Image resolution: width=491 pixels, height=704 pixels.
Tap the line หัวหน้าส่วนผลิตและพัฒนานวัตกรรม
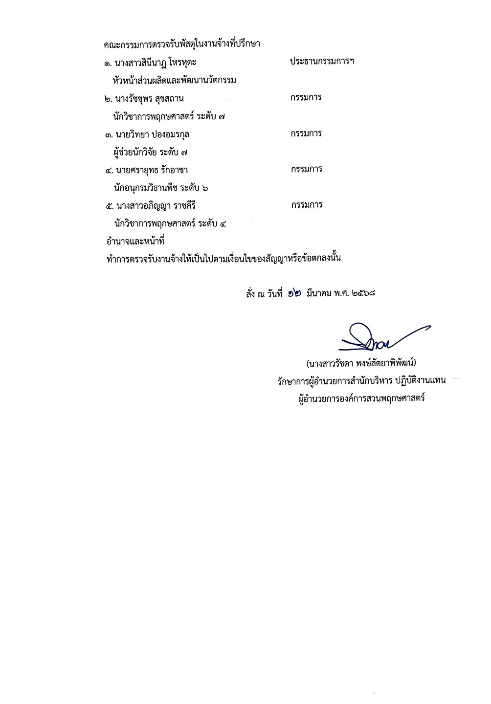click(x=174, y=80)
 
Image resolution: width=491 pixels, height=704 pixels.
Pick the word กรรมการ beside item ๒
click(x=306, y=97)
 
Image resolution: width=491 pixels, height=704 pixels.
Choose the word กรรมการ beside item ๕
click(x=306, y=205)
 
